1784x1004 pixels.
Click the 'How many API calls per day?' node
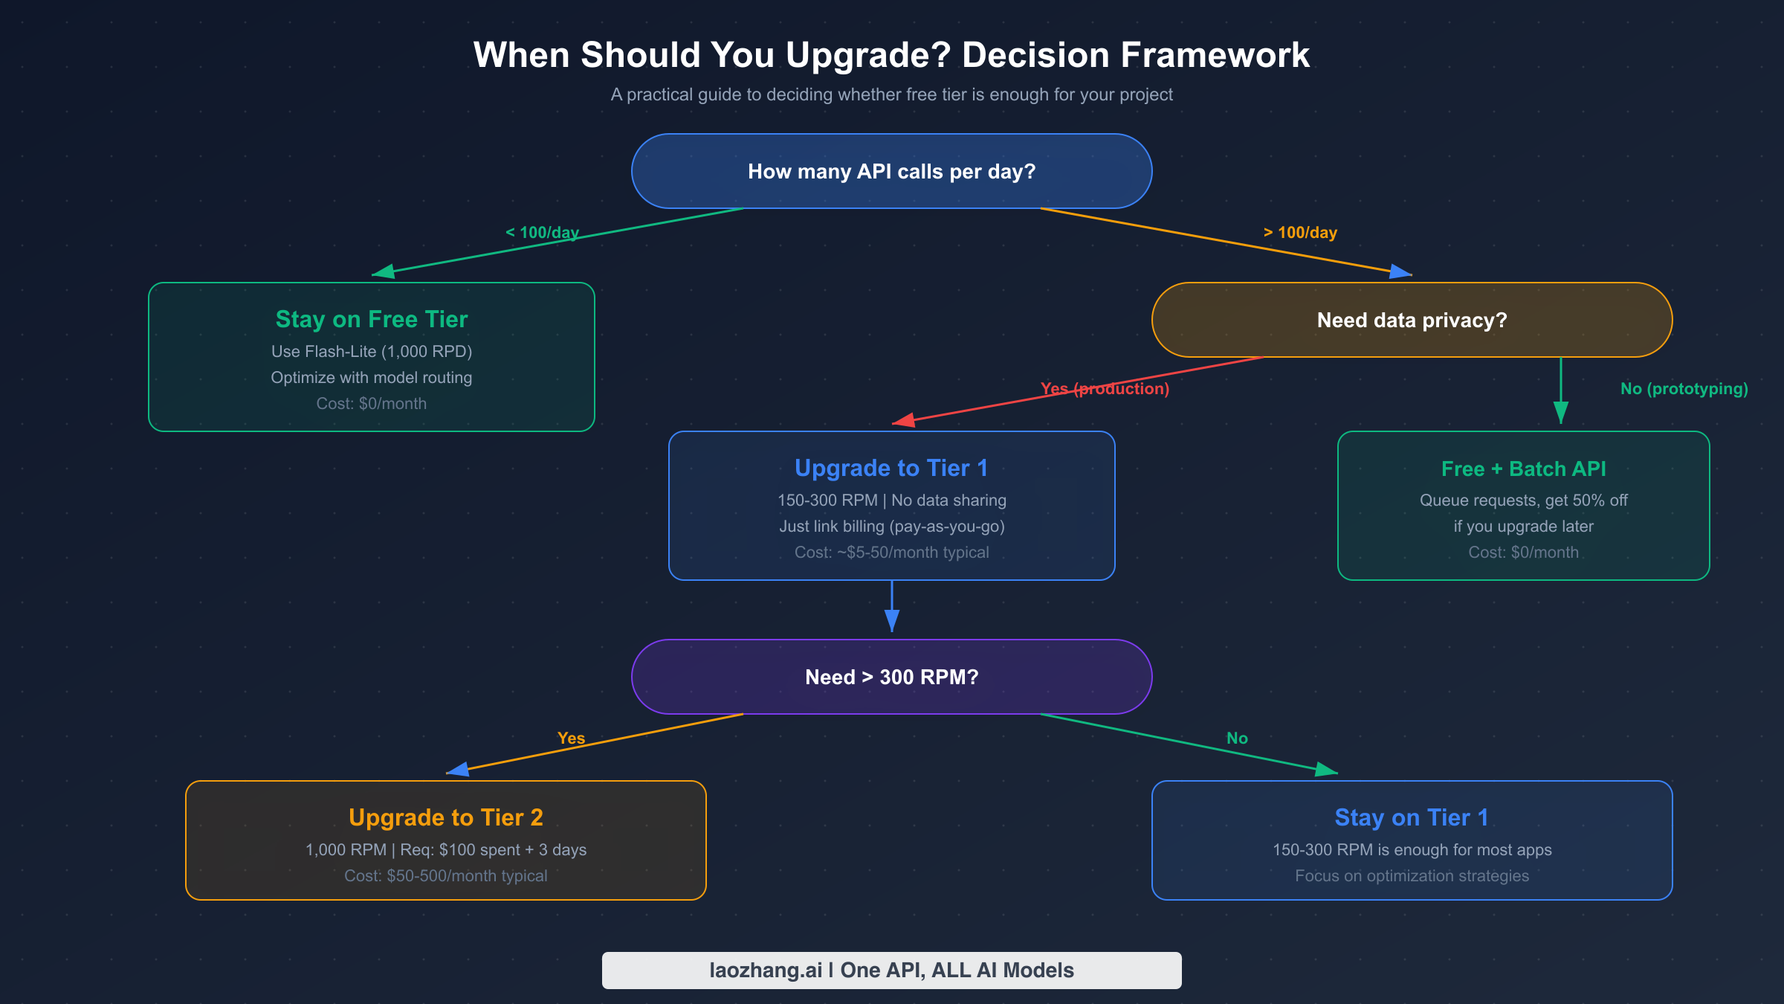click(x=891, y=172)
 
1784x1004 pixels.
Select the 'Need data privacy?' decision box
click(x=1412, y=321)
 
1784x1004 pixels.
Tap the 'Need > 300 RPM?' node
click(x=891, y=678)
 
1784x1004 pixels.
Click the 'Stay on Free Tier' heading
click(x=372, y=319)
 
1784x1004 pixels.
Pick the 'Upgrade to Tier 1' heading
click(x=891, y=468)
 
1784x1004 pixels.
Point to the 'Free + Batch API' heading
click(x=1523, y=469)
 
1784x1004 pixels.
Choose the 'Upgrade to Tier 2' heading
click(x=446, y=817)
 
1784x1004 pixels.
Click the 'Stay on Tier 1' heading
click(x=1412, y=817)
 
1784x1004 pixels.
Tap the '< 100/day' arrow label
click(x=542, y=233)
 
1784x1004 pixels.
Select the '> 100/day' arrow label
click(x=1300, y=233)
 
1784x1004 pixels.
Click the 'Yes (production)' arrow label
click(x=1105, y=389)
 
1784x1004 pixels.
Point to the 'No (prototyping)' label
click(x=1684, y=389)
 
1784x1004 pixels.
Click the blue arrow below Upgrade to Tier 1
click(x=892, y=606)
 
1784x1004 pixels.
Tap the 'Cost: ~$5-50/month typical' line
click(x=891, y=553)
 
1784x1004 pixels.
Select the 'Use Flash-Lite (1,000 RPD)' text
click(x=372, y=352)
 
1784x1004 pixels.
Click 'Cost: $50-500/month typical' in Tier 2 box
click(x=446, y=876)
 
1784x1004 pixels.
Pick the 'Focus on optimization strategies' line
click(x=1412, y=876)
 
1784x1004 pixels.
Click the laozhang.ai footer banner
click(x=891, y=971)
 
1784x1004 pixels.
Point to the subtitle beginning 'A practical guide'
click(x=891, y=95)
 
